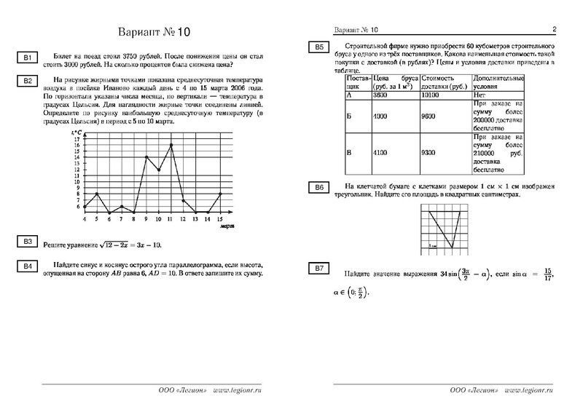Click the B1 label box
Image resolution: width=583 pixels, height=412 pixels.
27,58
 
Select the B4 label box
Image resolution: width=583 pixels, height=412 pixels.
27,266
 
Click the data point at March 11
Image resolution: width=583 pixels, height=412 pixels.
171,145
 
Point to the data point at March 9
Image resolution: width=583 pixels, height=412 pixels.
146,157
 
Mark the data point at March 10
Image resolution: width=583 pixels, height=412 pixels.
158,170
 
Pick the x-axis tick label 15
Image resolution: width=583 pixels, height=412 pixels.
220,219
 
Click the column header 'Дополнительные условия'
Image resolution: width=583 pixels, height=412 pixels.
499,82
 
